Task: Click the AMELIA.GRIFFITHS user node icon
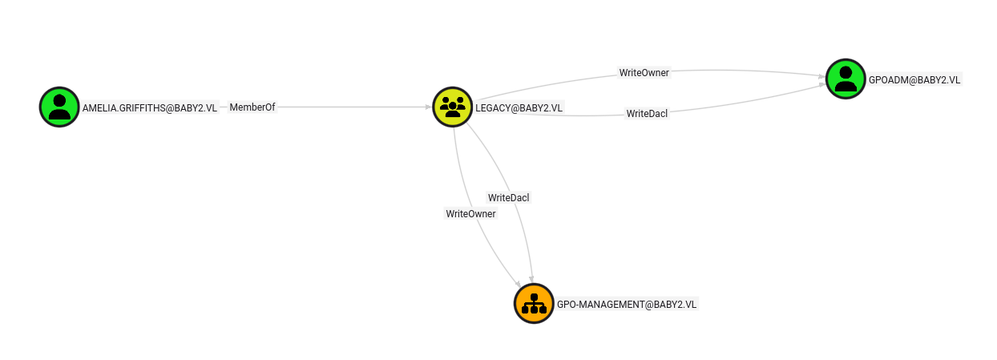click(x=59, y=107)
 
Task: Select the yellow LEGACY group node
click(x=453, y=107)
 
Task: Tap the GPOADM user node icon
click(x=846, y=79)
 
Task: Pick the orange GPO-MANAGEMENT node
click(x=534, y=303)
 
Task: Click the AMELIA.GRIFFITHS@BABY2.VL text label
click(x=150, y=107)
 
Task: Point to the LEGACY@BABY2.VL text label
click(x=519, y=107)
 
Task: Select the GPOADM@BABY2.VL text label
click(x=914, y=79)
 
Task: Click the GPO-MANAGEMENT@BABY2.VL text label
click(x=627, y=305)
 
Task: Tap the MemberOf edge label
click(x=252, y=107)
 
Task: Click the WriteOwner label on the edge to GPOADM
click(x=644, y=73)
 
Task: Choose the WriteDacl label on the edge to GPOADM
click(x=647, y=114)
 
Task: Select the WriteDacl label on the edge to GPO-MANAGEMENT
click(x=508, y=197)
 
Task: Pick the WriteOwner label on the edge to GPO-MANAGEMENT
click(x=470, y=214)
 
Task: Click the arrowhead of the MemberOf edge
click(x=429, y=107)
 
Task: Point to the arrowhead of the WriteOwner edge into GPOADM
click(x=822, y=77)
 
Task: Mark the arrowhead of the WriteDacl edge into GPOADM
click(x=822, y=85)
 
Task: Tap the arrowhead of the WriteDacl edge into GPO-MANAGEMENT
click(x=531, y=279)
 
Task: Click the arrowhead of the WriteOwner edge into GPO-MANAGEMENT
click(x=518, y=285)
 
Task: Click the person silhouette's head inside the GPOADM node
click(x=846, y=72)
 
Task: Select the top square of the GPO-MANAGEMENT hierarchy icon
click(x=534, y=297)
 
